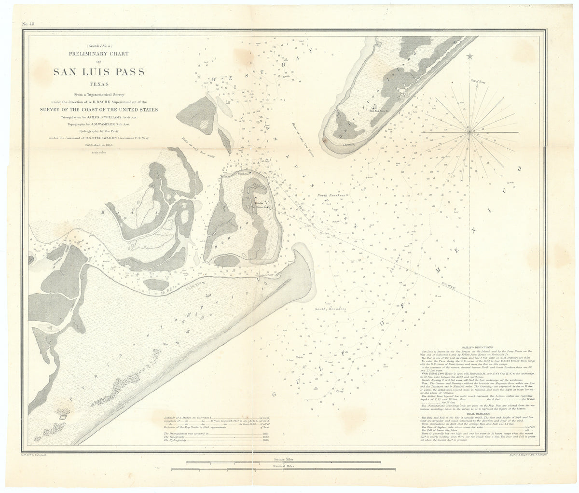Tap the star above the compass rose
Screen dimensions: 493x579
point(470,56)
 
